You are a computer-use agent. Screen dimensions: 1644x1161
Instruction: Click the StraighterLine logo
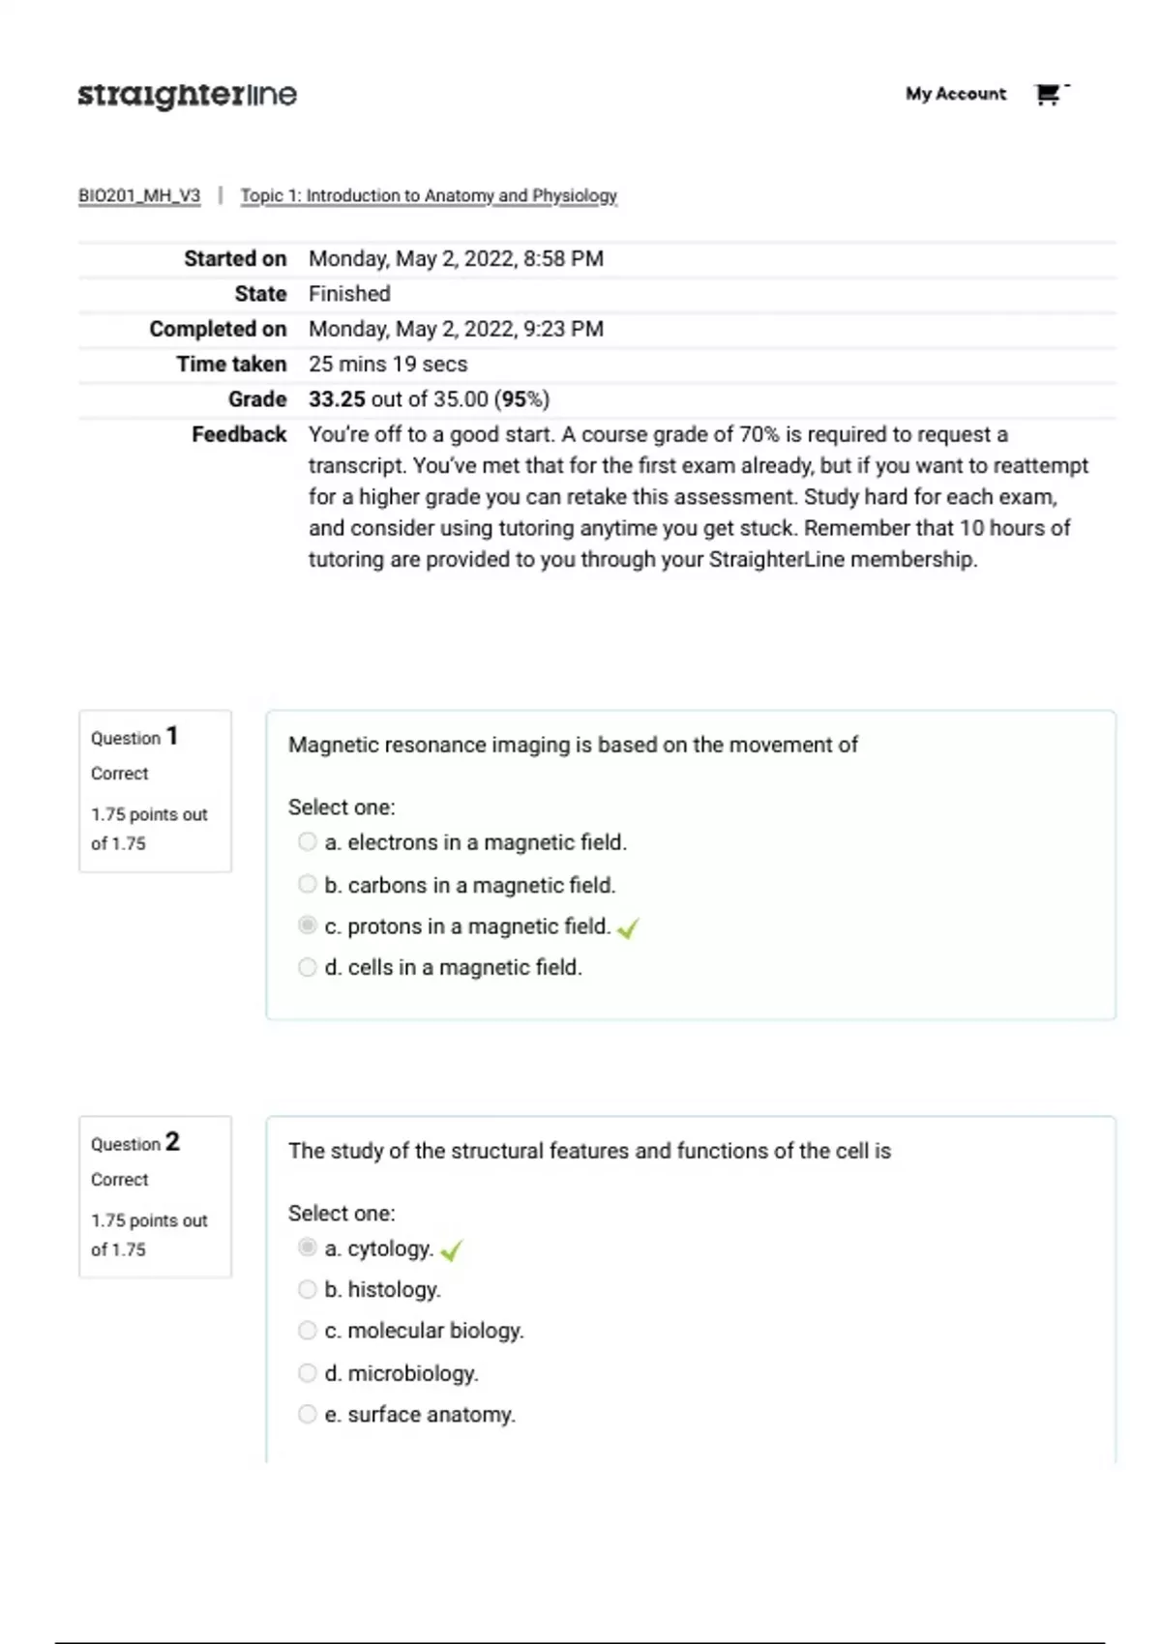tap(187, 95)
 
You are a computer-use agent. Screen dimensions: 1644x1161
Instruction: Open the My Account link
tap(955, 94)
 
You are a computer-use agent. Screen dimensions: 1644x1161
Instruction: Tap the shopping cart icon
tap(1047, 94)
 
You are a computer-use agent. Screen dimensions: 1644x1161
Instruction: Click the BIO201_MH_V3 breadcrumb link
tap(139, 195)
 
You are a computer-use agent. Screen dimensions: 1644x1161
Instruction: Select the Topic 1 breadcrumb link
tap(429, 195)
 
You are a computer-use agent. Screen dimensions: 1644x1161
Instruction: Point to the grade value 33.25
tap(337, 399)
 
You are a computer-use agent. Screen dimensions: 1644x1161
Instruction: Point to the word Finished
tap(349, 294)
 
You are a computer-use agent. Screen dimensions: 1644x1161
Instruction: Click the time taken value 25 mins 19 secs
tap(388, 365)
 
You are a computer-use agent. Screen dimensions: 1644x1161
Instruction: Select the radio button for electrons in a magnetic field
tap(308, 842)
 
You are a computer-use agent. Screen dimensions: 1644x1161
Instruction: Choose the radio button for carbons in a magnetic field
tap(308, 885)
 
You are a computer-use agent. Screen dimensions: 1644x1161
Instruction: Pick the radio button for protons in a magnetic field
tap(308, 926)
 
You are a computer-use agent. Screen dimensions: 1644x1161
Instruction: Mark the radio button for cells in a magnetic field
tap(308, 967)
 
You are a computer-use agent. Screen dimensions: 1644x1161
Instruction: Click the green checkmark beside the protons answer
tap(628, 928)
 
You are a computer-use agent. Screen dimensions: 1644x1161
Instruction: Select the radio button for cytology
tap(308, 1248)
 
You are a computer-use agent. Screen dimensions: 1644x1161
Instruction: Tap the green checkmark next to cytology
tap(451, 1250)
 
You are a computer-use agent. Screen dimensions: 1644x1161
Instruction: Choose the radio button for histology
tap(308, 1289)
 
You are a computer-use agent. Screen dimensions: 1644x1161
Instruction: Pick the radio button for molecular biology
tap(308, 1331)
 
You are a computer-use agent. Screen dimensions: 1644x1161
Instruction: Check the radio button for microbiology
tap(308, 1373)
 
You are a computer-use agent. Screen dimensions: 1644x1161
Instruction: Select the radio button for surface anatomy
tap(308, 1415)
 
